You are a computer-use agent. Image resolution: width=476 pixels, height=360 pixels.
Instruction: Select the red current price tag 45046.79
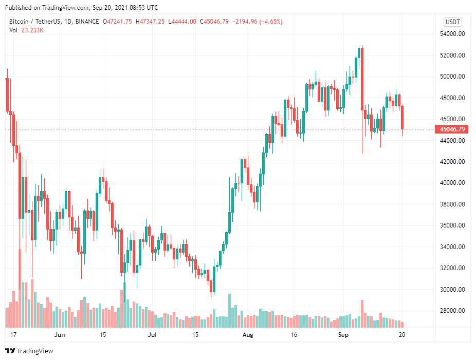coord(453,129)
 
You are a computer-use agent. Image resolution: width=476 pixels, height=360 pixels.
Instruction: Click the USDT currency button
coord(453,22)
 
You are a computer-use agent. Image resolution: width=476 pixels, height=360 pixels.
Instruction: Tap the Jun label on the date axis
coord(60,335)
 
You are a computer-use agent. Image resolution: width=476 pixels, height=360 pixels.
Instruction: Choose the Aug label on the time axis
coord(248,335)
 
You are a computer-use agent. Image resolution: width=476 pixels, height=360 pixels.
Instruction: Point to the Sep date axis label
coord(344,335)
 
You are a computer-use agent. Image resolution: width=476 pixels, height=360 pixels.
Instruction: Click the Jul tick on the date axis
coord(152,335)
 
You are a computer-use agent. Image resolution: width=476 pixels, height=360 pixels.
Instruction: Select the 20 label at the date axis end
coord(403,335)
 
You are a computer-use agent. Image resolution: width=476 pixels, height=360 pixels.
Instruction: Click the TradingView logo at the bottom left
coord(29,351)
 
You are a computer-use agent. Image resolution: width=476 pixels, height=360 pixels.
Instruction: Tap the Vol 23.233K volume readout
coord(26,30)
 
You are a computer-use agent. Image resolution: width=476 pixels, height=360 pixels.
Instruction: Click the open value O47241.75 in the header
coord(118,22)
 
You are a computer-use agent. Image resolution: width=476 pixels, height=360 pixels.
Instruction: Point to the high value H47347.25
coord(150,22)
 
